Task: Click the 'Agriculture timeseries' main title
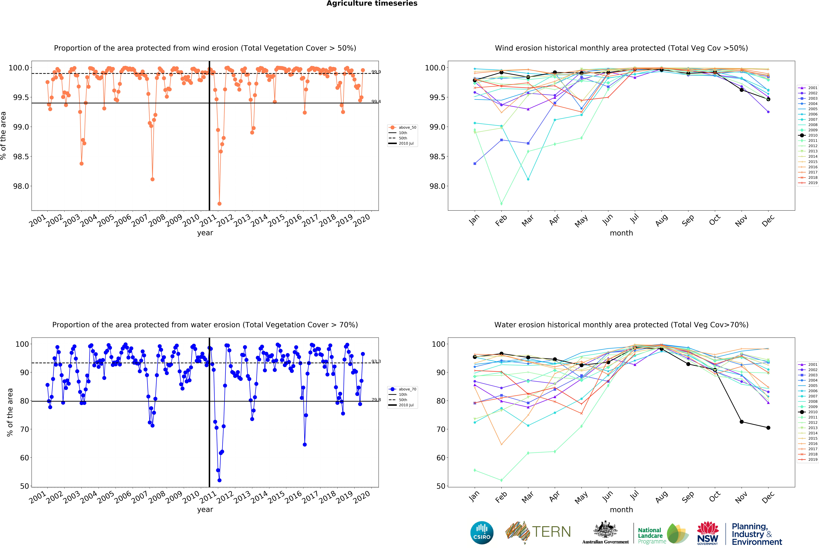[372, 4]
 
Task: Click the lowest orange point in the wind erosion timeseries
[220, 204]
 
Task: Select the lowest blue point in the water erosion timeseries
[220, 480]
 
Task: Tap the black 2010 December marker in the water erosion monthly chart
[768, 428]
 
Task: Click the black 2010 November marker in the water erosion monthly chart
[741, 422]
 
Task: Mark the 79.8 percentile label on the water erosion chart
[376, 400]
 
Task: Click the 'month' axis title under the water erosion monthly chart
[621, 510]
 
